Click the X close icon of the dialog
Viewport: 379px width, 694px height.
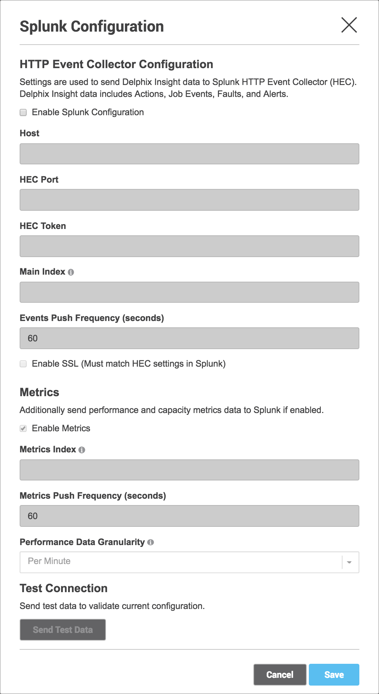(x=349, y=25)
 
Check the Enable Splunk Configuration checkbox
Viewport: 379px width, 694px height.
(x=23, y=112)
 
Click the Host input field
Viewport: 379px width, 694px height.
(x=189, y=154)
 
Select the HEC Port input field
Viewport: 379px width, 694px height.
(x=189, y=200)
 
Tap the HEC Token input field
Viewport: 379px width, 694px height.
(x=189, y=246)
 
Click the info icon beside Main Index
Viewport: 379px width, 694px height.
(x=71, y=272)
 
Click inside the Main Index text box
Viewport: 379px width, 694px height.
(x=189, y=292)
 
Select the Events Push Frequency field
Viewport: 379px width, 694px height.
(x=189, y=338)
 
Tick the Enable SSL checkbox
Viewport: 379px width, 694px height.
(x=23, y=364)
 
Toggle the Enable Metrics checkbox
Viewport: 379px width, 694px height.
(x=23, y=428)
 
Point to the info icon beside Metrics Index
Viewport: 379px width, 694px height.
(x=82, y=450)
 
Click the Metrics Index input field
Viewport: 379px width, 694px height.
(x=189, y=470)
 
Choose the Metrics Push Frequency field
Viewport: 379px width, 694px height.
(x=189, y=516)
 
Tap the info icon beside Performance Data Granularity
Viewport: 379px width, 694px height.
(x=151, y=542)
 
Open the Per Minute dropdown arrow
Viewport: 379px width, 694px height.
(x=349, y=562)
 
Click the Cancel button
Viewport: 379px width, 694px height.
(x=280, y=675)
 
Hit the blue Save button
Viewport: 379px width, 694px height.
(x=334, y=675)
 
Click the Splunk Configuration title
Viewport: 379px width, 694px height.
(x=92, y=27)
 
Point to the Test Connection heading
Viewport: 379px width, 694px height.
(x=64, y=588)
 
